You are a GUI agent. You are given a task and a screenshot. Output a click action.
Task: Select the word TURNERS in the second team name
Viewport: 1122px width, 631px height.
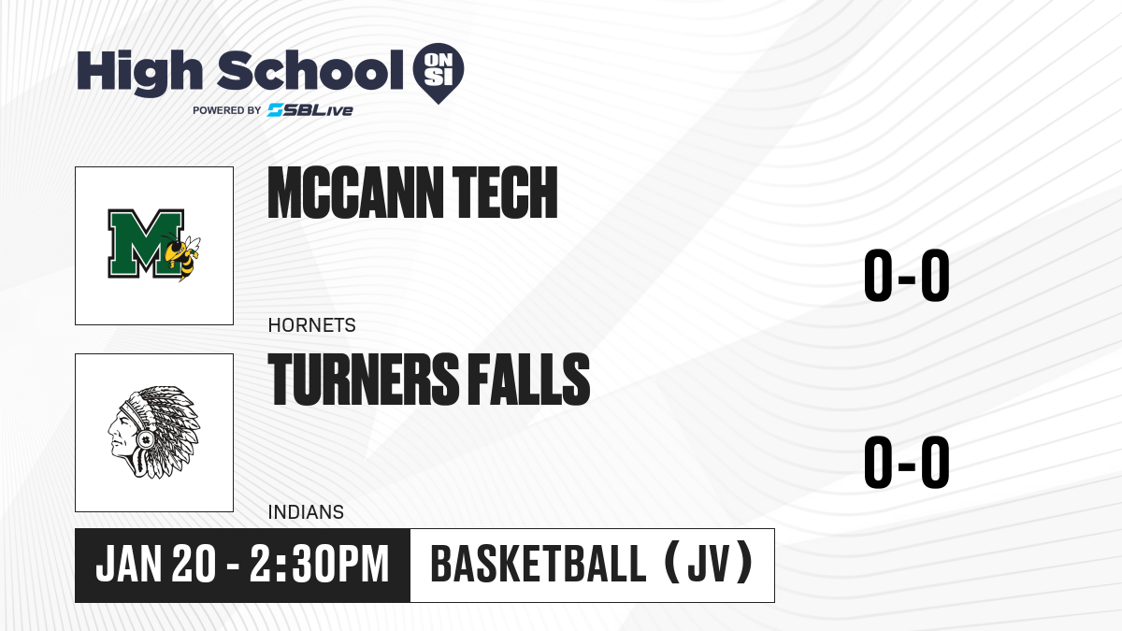coord(363,380)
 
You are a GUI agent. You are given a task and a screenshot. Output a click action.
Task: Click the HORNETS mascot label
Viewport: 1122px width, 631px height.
coord(311,325)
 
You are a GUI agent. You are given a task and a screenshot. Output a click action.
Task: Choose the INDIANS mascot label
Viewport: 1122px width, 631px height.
coord(306,512)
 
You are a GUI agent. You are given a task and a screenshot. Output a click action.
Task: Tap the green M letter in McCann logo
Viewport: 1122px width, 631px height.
coord(146,243)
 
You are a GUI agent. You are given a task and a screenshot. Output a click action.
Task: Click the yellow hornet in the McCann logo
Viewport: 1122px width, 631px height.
coord(182,256)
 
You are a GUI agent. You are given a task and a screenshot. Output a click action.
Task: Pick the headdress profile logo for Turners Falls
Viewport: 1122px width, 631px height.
coord(154,432)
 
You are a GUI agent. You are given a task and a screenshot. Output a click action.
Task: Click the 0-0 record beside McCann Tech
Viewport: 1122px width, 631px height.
coord(907,276)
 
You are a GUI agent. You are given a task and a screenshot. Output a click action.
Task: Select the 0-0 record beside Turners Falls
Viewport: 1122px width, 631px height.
coord(907,462)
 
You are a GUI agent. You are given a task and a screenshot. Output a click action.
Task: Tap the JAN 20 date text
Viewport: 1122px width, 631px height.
coord(156,565)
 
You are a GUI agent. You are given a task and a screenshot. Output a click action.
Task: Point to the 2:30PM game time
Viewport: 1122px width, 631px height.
coord(320,565)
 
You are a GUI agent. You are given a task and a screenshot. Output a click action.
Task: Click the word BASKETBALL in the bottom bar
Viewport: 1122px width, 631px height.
coord(539,565)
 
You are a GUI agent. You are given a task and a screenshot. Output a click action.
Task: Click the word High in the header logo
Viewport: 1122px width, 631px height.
coord(139,73)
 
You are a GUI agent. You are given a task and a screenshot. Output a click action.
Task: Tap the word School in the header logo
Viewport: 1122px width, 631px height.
coord(310,70)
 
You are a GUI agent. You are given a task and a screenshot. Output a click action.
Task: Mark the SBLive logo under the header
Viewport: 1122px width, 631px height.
coord(310,110)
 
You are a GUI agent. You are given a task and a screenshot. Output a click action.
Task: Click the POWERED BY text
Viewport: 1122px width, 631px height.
coord(227,110)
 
